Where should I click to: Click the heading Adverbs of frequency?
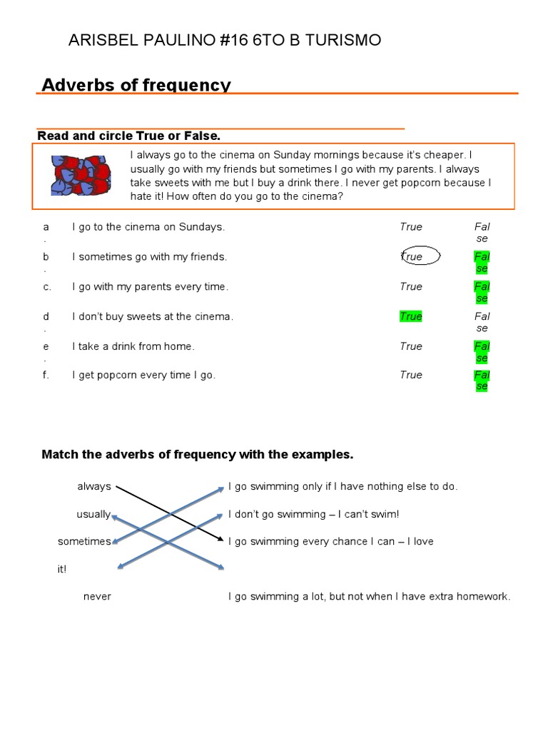[136, 85]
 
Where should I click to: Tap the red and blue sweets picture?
[80, 175]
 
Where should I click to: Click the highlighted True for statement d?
[411, 316]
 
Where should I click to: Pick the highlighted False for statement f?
[482, 380]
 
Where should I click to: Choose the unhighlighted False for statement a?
[482, 232]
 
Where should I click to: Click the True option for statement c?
[411, 286]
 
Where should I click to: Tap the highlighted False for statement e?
[482, 351]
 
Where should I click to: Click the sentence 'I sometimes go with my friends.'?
[149, 256]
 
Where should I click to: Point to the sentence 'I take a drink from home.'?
[133, 346]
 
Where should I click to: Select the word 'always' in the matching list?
[94, 486]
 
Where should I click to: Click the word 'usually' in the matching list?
[93, 514]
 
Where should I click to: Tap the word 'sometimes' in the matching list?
[84, 541]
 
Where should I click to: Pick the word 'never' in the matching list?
[97, 596]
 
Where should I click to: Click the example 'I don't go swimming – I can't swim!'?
[313, 514]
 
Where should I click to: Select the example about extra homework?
[369, 596]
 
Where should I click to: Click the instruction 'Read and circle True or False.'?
[129, 136]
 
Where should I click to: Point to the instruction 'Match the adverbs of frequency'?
[198, 454]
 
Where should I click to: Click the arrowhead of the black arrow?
[222, 540]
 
